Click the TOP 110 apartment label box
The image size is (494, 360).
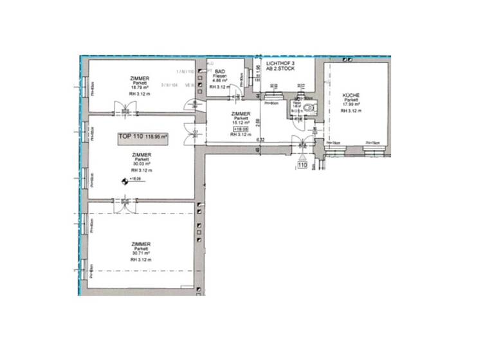coord(142,137)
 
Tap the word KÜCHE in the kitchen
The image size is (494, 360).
coord(351,95)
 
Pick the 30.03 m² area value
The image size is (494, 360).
coord(141,165)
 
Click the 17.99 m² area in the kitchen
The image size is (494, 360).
coord(351,105)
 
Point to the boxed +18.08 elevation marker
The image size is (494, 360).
coord(241,129)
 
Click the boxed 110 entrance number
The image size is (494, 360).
coord(302,165)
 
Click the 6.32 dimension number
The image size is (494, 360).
coord(262,140)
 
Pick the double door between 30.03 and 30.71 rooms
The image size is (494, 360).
coord(122,204)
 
